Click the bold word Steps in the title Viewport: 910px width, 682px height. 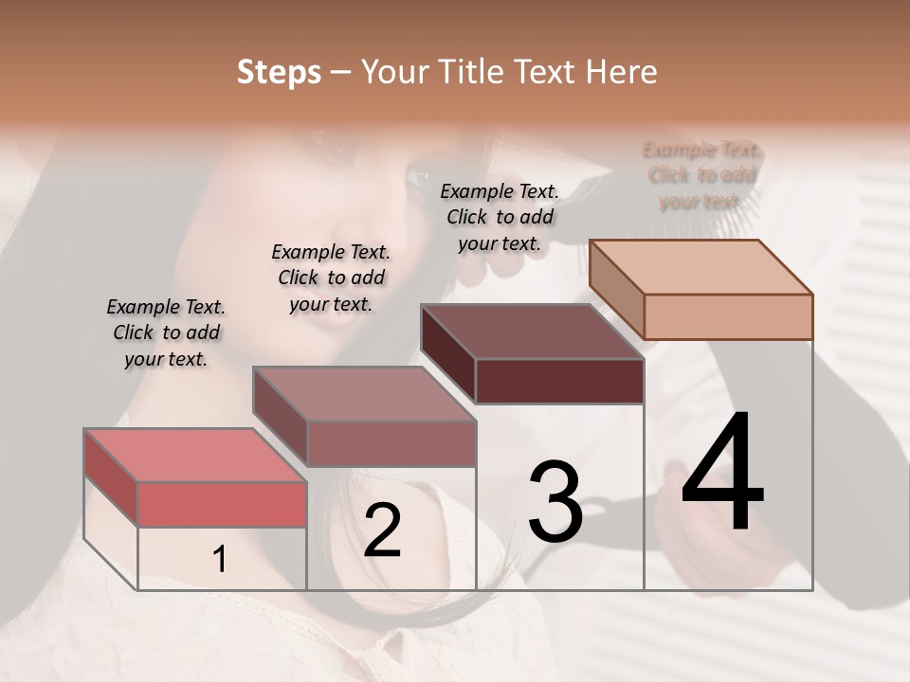pos(279,72)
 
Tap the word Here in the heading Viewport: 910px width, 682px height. pos(621,72)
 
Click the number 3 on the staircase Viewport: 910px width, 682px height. pos(555,501)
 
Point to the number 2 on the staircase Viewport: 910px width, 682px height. pos(382,529)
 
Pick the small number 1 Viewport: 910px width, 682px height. pos(220,560)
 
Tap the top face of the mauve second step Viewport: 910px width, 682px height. pos(363,393)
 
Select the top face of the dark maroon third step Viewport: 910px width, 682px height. pos(532,332)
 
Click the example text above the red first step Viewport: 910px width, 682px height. pos(166,332)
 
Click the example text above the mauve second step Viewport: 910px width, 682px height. pos(331,278)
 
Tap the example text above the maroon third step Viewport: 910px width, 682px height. pos(500,217)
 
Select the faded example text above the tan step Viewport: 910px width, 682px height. pos(701,175)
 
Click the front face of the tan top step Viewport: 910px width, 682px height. pos(728,316)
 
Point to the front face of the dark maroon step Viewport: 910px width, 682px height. pos(559,382)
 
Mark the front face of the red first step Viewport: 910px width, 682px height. pos(222,504)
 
